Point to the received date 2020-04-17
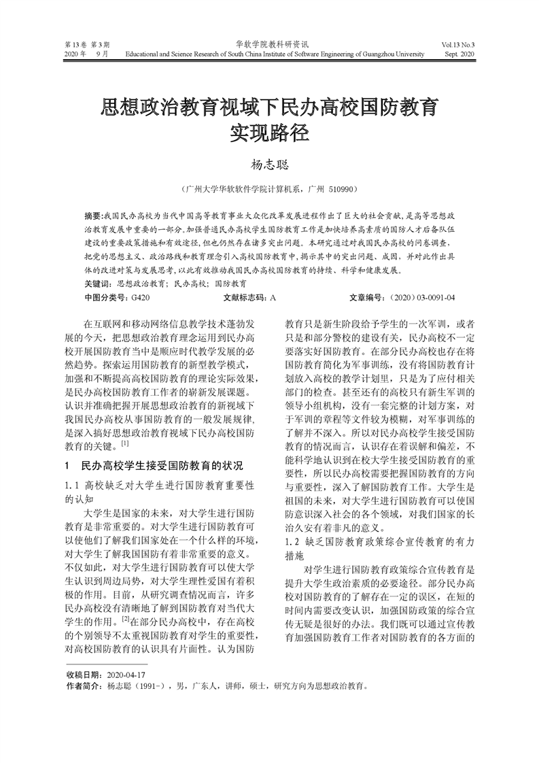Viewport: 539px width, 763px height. point(127,675)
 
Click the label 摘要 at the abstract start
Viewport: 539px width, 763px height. point(92,214)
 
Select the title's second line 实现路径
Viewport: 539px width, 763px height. point(269,131)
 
